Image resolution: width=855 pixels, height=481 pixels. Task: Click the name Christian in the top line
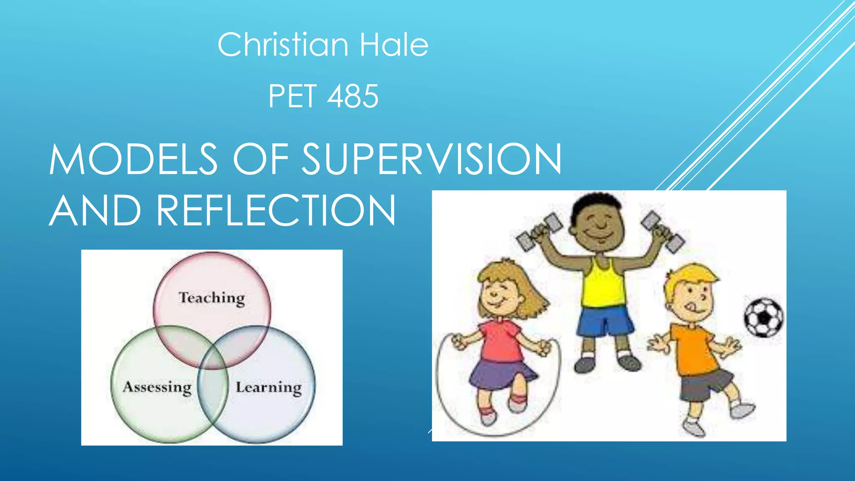pos(283,45)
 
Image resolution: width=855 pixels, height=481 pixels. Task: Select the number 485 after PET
pos(353,96)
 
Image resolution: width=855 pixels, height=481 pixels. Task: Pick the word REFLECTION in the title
pos(276,210)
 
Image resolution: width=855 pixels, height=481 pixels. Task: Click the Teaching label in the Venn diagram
pos(212,298)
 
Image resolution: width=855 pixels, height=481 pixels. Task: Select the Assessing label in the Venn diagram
pos(157,387)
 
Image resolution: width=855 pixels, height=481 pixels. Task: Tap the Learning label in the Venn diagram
pos(268,387)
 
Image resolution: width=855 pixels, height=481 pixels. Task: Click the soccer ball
pos(764,317)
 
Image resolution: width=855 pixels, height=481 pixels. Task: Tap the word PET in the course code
pos(292,96)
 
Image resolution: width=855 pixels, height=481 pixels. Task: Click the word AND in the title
pos(96,210)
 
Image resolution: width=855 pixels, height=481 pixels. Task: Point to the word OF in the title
pos(261,159)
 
